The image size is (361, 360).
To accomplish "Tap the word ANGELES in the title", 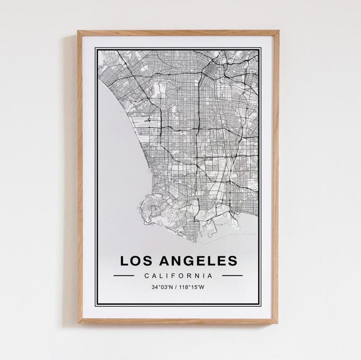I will click(x=198, y=261).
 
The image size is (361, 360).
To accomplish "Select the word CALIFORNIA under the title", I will click(x=178, y=276).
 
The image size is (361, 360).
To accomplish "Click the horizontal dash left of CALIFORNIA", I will click(x=124, y=276).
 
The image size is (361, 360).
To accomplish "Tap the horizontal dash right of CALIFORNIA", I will click(x=232, y=276).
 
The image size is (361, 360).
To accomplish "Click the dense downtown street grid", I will click(x=214, y=68).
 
